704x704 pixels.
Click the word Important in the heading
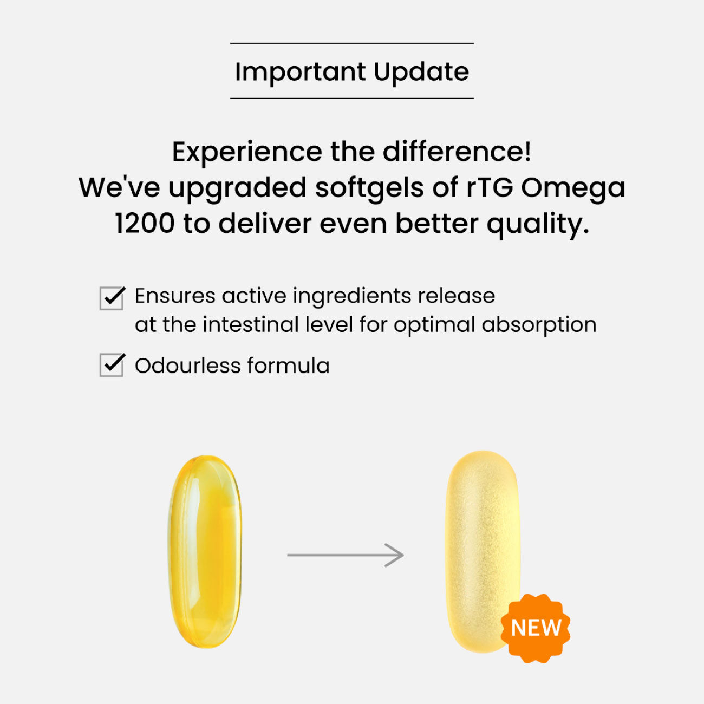coord(301,73)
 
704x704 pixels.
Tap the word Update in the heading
coord(421,73)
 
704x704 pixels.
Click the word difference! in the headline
coord(457,151)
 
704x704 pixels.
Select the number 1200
coord(145,224)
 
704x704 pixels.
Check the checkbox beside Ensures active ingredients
coord(112,298)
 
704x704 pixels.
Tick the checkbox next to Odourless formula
coord(112,364)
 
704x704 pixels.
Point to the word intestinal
coord(251,324)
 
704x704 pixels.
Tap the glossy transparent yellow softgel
coord(205,552)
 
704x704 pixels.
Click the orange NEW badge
coord(536,628)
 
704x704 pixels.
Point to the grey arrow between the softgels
coord(346,555)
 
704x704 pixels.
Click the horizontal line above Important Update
coord(352,43)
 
